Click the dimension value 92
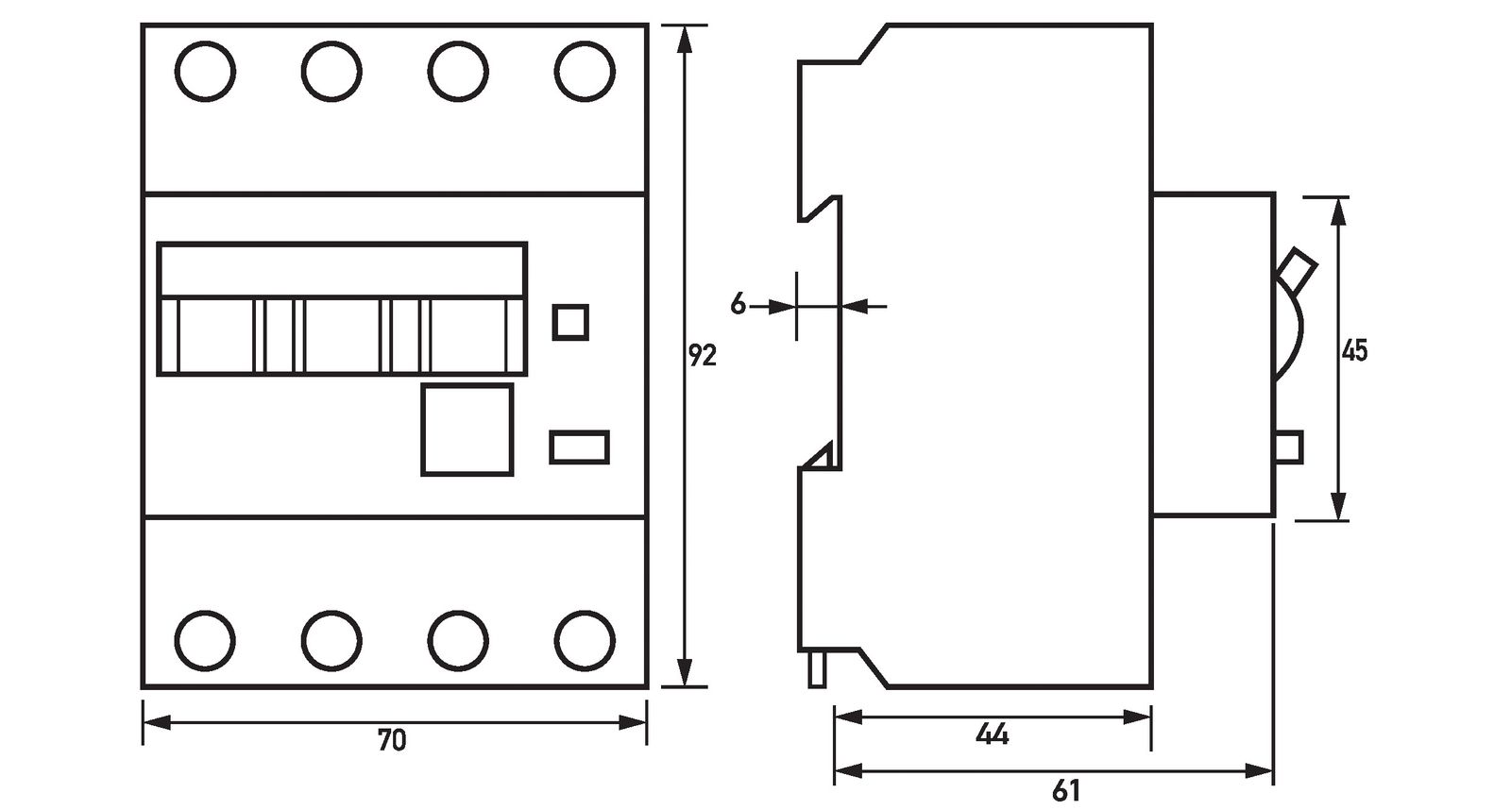(x=702, y=355)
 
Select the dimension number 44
(x=993, y=734)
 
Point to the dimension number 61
(x=1065, y=789)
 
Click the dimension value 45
(x=1354, y=350)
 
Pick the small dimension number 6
(x=739, y=304)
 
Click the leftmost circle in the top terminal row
(x=205, y=71)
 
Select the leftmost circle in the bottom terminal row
(x=205, y=641)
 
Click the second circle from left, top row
(x=331, y=71)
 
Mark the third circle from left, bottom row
(x=458, y=641)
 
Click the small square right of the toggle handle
(x=569, y=321)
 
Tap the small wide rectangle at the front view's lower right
(x=579, y=447)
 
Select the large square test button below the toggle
(x=467, y=430)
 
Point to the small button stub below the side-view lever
(x=1289, y=446)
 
